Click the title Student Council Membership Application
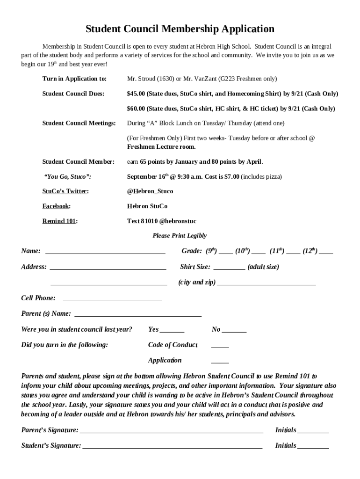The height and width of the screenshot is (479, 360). [x=180, y=29]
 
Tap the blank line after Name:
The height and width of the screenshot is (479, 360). [x=105, y=252]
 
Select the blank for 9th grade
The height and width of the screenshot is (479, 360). [x=226, y=252]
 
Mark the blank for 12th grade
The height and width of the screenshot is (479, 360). [x=326, y=252]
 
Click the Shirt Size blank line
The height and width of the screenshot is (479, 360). [x=229, y=269]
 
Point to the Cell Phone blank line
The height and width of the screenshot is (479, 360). [x=112, y=299]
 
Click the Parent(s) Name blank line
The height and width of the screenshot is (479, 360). [x=138, y=315]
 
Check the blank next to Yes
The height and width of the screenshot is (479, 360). [x=172, y=331]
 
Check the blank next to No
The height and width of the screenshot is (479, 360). [x=234, y=331]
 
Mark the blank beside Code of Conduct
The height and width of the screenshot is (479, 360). [x=220, y=347]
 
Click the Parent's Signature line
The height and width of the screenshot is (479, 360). [x=172, y=432]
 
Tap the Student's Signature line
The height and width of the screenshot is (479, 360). [x=173, y=447]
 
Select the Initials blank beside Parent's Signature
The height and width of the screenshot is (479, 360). [x=313, y=432]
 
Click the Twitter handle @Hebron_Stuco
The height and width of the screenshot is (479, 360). [x=150, y=191]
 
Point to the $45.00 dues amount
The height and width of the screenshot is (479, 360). [x=136, y=94]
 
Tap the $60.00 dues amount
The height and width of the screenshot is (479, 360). [x=136, y=109]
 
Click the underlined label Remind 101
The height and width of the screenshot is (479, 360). [x=59, y=221]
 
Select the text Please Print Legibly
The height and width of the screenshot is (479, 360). [x=180, y=236]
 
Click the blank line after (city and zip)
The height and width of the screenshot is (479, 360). [x=266, y=284]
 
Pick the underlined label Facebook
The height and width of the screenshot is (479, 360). [x=56, y=206]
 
